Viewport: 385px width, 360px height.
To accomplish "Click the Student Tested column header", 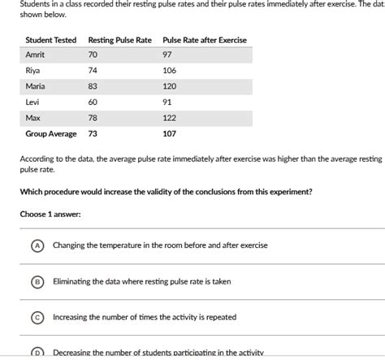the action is [x=50, y=40].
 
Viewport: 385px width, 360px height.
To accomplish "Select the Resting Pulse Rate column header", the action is [x=119, y=40].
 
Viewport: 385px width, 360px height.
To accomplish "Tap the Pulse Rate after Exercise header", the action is [x=205, y=40].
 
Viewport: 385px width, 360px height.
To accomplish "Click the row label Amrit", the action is [x=36, y=54].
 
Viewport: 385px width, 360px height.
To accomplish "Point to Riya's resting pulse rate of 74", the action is [x=93, y=70].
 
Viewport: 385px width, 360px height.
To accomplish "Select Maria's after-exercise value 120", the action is [x=169, y=85].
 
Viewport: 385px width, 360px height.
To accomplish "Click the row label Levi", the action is [x=32, y=102].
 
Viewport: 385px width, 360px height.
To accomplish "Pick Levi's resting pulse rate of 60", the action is [x=93, y=102].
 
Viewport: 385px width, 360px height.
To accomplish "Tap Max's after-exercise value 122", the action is [x=169, y=118].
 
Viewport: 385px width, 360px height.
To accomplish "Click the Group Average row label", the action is [x=50, y=133].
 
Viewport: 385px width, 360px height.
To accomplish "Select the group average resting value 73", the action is [x=93, y=133].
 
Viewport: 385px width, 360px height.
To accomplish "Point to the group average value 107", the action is [x=169, y=133].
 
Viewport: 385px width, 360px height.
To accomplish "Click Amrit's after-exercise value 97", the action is [x=167, y=54].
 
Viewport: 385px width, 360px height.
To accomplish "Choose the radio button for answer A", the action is [x=37, y=245].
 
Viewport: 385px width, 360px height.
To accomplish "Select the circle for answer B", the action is [x=37, y=282].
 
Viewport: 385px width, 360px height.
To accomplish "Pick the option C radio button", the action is [x=37, y=318].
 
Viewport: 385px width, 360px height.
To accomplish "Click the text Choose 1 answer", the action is [x=50, y=215].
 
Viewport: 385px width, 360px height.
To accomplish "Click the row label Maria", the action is [x=35, y=85].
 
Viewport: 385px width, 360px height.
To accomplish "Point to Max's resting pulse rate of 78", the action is [x=93, y=118].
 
